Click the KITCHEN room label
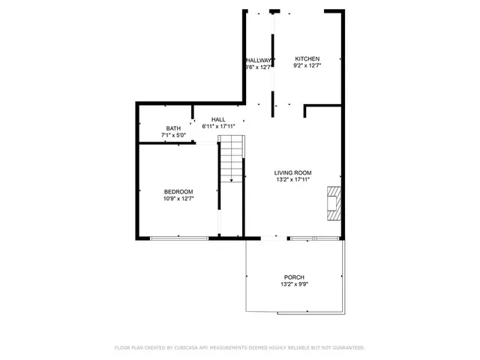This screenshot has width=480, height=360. (x=307, y=59)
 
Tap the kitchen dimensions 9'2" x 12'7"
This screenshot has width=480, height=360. (x=307, y=67)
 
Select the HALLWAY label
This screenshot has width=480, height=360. (x=258, y=60)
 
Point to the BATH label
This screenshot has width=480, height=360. (x=173, y=128)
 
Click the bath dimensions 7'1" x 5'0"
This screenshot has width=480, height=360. (x=173, y=135)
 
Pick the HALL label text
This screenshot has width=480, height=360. (x=218, y=119)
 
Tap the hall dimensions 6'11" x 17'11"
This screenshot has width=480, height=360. (x=218, y=126)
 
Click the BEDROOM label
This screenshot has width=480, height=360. (x=178, y=191)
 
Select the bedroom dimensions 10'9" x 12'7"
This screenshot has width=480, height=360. (x=178, y=199)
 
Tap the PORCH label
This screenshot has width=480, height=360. (x=294, y=277)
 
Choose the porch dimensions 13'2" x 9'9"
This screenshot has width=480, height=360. (x=294, y=284)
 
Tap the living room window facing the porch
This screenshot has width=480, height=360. (x=314, y=238)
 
